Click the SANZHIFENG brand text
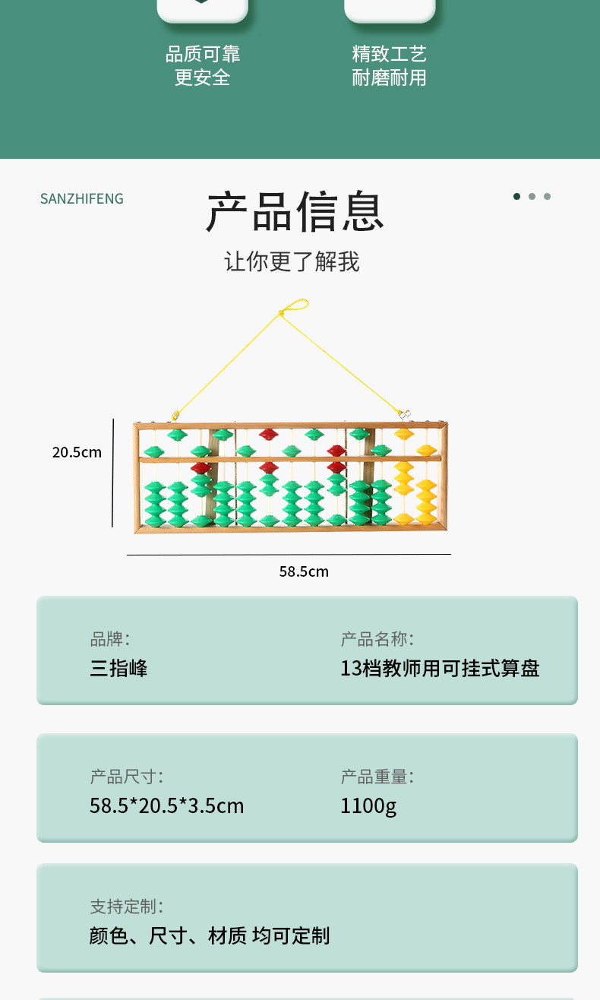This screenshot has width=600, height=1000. [81, 199]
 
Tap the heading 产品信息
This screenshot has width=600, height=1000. [295, 212]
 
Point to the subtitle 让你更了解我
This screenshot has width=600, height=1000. [292, 262]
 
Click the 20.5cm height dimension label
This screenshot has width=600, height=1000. [77, 452]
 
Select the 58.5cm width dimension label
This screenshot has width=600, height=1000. [304, 571]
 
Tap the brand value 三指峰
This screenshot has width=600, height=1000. [118, 669]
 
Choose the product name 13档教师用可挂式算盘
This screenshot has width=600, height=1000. [440, 669]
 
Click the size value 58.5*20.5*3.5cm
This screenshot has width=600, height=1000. [167, 805]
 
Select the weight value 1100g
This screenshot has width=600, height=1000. [368, 805]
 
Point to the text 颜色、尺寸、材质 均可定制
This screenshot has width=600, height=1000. [210, 935]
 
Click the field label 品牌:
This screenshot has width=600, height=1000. [110, 639]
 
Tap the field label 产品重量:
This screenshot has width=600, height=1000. [377, 777]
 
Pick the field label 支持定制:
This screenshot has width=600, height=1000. [127, 907]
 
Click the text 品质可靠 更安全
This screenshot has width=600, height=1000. [203, 65]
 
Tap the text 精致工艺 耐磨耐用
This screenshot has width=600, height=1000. [390, 65]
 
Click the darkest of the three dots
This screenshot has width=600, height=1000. [516, 197]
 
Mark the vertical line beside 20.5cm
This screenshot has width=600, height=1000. [113, 473]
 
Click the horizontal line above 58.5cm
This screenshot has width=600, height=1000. [289, 555]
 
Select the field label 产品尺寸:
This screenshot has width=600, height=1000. [127, 777]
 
